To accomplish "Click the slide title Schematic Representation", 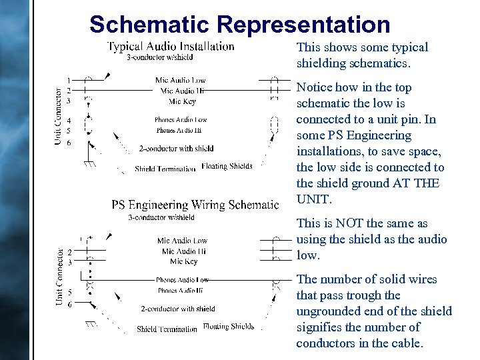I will click(239, 25).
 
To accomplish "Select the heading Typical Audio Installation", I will click(171, 46).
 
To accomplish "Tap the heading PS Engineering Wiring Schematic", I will click(195, 205).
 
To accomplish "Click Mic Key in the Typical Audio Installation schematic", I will click(182, 101).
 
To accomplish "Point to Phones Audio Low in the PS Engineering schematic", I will click(182, 280).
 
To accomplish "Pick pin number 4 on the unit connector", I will click(69, 121).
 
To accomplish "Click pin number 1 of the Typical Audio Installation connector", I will click(69, 81).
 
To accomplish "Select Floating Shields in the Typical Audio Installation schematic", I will click(227, 166).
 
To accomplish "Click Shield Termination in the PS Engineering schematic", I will click(167, 329).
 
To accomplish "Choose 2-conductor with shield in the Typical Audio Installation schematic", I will click(177, 148).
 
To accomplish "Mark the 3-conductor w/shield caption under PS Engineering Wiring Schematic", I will click(161, 217).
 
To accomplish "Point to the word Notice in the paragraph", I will click(315, 87).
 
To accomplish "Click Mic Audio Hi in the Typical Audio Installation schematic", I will click(182, 91).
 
